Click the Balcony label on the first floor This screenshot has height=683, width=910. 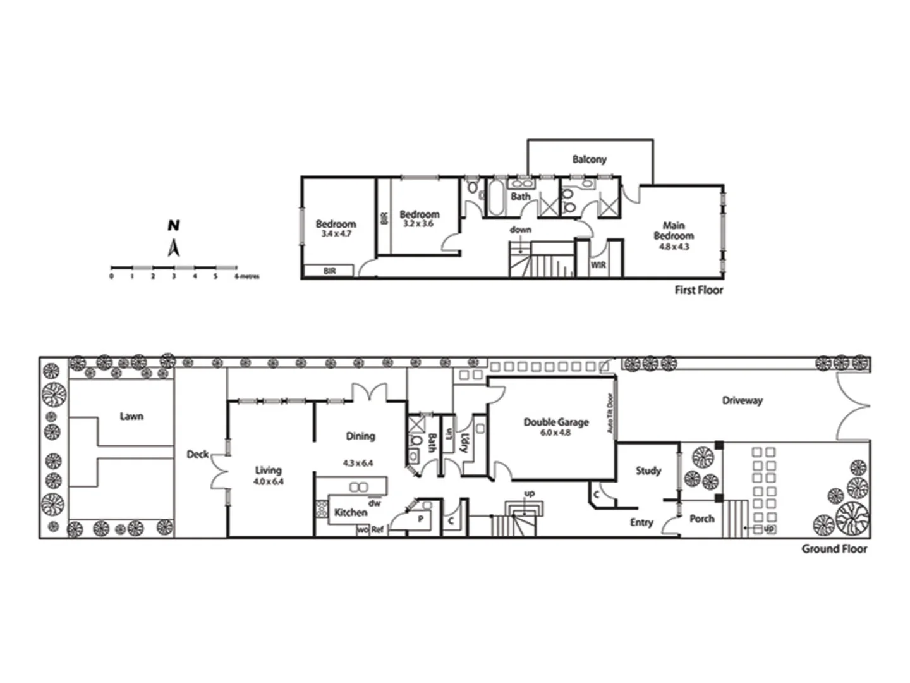pos(589,159)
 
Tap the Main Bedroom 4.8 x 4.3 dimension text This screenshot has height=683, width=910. pos(674,247)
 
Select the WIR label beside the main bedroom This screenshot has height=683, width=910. pos(598,265)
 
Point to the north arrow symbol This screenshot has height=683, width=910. pos(174,248)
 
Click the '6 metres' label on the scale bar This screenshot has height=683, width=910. pos(247,276)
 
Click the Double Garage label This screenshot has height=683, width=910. pos(555,422)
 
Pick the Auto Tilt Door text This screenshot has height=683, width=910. pos(610,414)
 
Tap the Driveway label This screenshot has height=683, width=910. pos(742,400)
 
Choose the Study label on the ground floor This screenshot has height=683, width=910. pos(648,471)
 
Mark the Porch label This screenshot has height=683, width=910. pos(701,519)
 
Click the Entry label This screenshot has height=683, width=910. pos(641,522)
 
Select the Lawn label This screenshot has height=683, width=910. pos(131,416)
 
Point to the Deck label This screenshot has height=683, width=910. pos(197,454)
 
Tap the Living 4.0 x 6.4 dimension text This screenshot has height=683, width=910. pos(269,481)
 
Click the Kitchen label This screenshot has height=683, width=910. pos(350,512)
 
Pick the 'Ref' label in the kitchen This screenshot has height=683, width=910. pos(377,530)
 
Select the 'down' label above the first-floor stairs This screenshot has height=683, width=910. pos(521,230)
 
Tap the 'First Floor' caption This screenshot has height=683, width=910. pos(698,290)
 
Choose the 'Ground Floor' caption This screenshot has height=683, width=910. pos(834,549)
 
